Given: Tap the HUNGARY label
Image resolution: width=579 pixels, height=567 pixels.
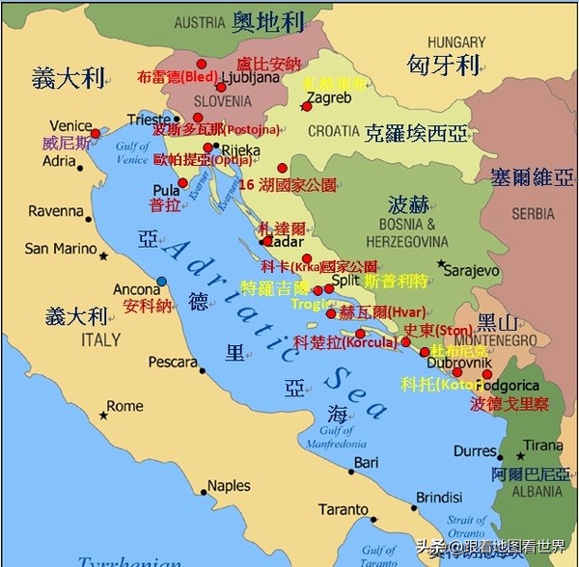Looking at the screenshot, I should [x=456, y=42].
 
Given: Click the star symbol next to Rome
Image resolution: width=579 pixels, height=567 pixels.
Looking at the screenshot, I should [x=103, y=416].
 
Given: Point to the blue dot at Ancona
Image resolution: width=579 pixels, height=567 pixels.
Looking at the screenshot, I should [x=162, y=282].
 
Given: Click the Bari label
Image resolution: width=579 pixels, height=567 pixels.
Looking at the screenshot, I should [x=366, y=463].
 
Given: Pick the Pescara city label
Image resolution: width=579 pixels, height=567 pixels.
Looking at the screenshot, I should [x=173, y=363].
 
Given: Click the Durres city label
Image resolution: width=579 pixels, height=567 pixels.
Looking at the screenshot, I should [x=476, y=450].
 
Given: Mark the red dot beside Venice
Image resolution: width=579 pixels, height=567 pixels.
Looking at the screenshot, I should [x=96, y=132].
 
